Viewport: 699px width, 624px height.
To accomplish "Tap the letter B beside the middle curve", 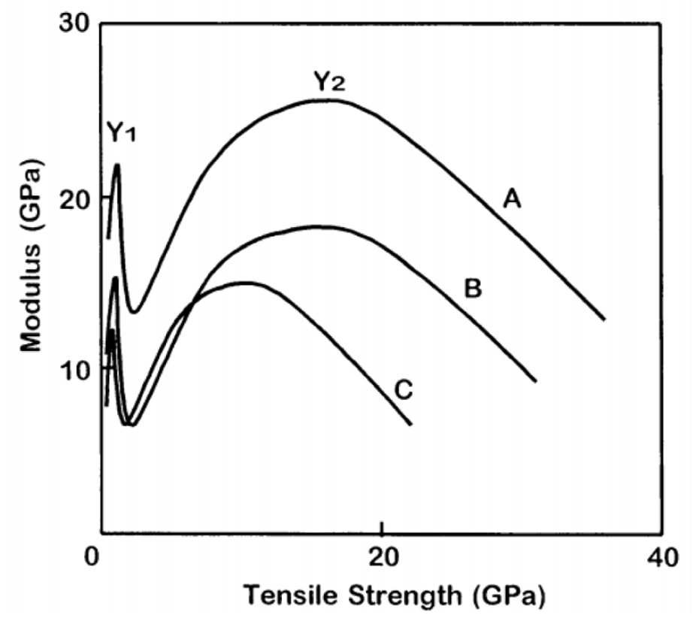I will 472,289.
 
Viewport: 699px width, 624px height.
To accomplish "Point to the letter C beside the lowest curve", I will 404,390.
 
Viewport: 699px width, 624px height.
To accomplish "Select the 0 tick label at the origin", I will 93,559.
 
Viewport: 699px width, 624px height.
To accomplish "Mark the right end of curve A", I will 604,320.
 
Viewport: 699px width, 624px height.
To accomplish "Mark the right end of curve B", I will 536,381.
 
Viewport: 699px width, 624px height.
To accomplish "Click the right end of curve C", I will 411,425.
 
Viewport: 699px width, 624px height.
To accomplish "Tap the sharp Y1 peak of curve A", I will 117,165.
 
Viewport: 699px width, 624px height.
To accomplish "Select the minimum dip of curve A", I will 134,311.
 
